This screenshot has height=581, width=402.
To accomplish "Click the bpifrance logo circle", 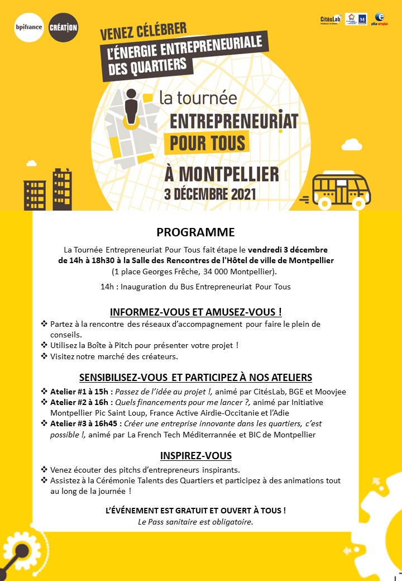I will point(28,26).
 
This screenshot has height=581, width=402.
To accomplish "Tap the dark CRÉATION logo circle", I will point(63,27).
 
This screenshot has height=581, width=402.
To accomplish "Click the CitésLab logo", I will point(331,19).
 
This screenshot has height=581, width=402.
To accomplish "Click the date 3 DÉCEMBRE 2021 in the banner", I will point(210,194).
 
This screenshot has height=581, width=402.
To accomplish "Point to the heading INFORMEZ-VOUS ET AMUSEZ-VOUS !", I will point(195,311).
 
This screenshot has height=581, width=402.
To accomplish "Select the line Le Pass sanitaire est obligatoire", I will point(195,522).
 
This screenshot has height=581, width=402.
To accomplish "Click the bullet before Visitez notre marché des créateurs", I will point(44,356).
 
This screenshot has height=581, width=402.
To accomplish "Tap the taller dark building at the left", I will point(62,189).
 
